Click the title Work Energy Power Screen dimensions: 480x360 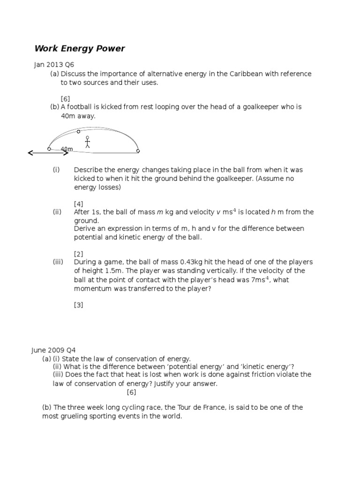tap(80, 49)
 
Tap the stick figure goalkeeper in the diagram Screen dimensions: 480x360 tap(87, 142)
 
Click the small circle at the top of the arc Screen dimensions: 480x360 tap(78, 132)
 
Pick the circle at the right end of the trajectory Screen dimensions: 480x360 tap(138, 150)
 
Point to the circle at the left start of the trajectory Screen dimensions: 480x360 tap(49, 149)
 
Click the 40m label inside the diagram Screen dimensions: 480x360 tap(67, 149)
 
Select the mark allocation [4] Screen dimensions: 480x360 tap(79, 203)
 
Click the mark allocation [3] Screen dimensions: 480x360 tap(79, 305)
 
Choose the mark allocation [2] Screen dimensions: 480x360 tap(79, 254)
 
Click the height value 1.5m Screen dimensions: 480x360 tap(106, 271)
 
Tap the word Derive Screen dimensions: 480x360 tap(84, 229)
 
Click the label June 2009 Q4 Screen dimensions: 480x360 tap(53, 350)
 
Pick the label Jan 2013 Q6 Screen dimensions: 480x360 tap(54, 65)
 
